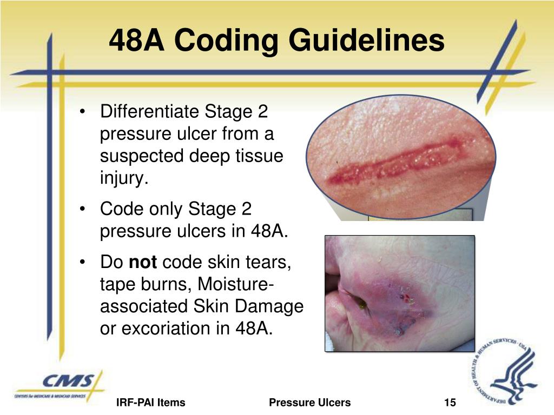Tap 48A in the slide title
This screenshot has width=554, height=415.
pos(140,41)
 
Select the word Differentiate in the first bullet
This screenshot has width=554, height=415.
pos(149,112)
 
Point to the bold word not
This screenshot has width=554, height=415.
pos(143,263)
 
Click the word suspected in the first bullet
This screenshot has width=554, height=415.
pos(142,156)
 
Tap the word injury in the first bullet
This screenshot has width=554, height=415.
pos(122,178)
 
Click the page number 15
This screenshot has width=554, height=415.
pos(450,403)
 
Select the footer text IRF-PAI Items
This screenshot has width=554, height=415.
pos(151,403)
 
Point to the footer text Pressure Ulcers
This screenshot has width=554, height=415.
pos(309,403)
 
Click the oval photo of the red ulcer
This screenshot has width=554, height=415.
pos(400,157)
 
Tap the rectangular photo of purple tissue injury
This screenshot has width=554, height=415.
pos(399,293)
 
